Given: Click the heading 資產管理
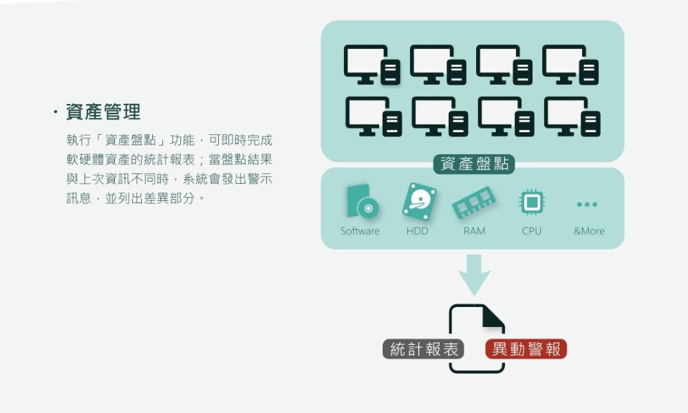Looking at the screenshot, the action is (x=103, y=112).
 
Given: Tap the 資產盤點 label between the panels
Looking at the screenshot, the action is (x=474, y=164).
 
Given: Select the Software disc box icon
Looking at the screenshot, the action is (x=363, y=202).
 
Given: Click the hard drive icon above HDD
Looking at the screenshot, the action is (x=419, y=202).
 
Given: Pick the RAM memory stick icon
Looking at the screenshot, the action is (x=474, y=202).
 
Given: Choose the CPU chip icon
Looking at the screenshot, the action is (x=532, y=202).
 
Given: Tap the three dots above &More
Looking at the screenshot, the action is (x=587, y=204).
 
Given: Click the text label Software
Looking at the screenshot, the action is (x=360, y=231).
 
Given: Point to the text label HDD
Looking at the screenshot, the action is (x=417, y=231).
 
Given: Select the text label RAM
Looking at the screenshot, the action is (x=474, y=231).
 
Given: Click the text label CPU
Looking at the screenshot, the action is (x=531, y=231).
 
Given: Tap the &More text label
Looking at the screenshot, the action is (x=589, y=231).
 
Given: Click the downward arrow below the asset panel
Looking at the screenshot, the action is (x=474, y=275).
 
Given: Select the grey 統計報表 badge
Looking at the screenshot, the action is (x=423, y=350).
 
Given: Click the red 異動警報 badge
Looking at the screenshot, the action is (x=526, y=350).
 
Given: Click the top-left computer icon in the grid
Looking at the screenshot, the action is (x=372, y=65).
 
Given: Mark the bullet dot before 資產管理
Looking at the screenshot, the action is (x=55, y=112).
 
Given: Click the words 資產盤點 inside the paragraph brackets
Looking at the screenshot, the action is (x=130, y=140).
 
